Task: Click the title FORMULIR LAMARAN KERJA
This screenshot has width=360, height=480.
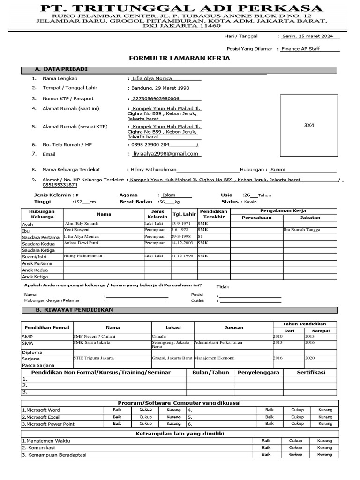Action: (x=180, y=58)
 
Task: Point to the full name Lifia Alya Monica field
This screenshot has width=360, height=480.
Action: (x=152, y=79)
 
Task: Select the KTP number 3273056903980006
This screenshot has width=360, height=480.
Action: (x=156, y=99)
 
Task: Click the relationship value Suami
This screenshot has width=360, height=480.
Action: (x=277, y=170)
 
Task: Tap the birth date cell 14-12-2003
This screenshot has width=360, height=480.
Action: (x=183, y=243)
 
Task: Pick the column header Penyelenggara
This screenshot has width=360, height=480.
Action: (x=258, y=372)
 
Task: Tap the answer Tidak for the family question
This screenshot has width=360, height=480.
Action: (x=223, y=286)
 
